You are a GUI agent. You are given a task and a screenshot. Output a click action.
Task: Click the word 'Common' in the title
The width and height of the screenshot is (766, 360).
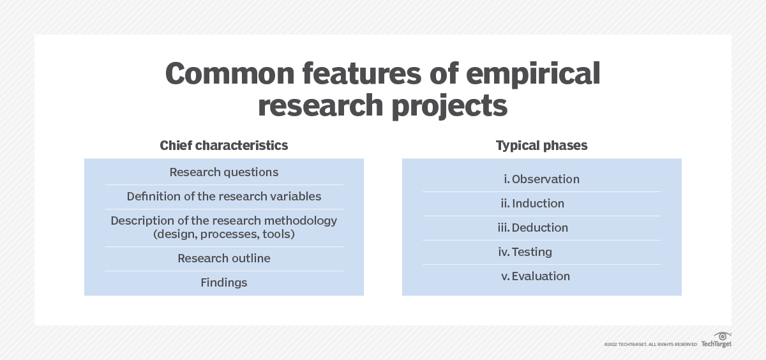(x=230, y=73)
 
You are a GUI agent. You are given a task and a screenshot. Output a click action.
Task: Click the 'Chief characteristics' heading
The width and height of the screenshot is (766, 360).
(x=224, y=146)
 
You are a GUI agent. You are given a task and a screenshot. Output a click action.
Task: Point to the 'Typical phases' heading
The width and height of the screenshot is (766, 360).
(x=542, y=146)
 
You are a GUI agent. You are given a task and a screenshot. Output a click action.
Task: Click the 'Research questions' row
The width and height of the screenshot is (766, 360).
(x=224, y=172)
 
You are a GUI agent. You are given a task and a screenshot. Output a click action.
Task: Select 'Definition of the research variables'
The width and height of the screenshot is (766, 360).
(x=224, y=196)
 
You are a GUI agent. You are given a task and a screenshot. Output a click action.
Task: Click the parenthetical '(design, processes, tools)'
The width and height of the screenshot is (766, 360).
(x=224, y=234)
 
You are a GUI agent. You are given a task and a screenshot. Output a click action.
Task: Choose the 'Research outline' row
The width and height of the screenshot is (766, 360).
(x=224, y=258)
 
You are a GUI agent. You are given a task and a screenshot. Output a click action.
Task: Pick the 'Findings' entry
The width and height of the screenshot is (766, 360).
(x=224, y=283)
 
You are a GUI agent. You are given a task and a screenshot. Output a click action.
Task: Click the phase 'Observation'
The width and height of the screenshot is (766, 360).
(x=546, y=179)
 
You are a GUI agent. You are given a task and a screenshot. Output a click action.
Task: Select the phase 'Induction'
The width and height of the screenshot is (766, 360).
(x=538, y=204)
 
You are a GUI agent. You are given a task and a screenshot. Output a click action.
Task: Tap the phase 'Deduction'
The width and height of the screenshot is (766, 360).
(x=540, y=228)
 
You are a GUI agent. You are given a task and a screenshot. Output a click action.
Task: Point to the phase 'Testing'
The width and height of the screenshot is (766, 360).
(x=532, y=252)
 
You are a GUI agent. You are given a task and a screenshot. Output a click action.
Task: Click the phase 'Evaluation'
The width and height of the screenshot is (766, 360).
(x=541, y=276)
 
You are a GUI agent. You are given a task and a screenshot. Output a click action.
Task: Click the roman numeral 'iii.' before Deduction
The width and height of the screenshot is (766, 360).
(x=504, y=228)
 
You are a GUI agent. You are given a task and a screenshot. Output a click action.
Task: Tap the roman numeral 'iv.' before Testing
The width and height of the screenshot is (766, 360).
(x=504, y=252)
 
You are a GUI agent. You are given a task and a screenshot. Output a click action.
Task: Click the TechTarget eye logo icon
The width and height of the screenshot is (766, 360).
(x=723, y=336)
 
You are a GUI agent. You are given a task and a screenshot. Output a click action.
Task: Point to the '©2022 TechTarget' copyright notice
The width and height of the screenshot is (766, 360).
(x=650, y=345)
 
